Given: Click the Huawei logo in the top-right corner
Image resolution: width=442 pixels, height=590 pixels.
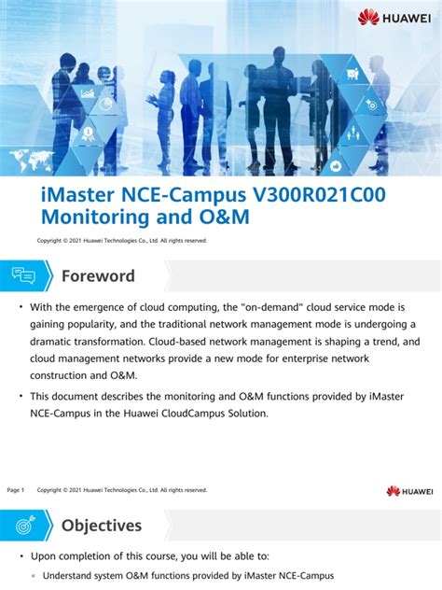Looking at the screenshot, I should (395, 16).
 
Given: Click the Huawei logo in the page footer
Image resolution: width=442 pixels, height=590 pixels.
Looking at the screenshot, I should (409, 491).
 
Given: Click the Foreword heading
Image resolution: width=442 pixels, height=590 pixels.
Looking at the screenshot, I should (98, 276).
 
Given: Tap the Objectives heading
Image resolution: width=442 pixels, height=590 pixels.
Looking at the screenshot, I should (102, 526).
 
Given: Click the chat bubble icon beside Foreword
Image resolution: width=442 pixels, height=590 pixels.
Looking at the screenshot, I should (23, 276).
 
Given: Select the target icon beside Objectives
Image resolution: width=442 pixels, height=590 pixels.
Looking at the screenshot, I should (23, 526).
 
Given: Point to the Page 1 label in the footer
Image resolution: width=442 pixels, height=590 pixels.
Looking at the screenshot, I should (15, 490).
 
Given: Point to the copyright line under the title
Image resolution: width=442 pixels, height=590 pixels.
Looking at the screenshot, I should (121, 241).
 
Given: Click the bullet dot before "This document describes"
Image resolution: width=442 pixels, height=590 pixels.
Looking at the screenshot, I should (21, 397).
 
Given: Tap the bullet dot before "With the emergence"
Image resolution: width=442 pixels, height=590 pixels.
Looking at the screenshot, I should (21, 306).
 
